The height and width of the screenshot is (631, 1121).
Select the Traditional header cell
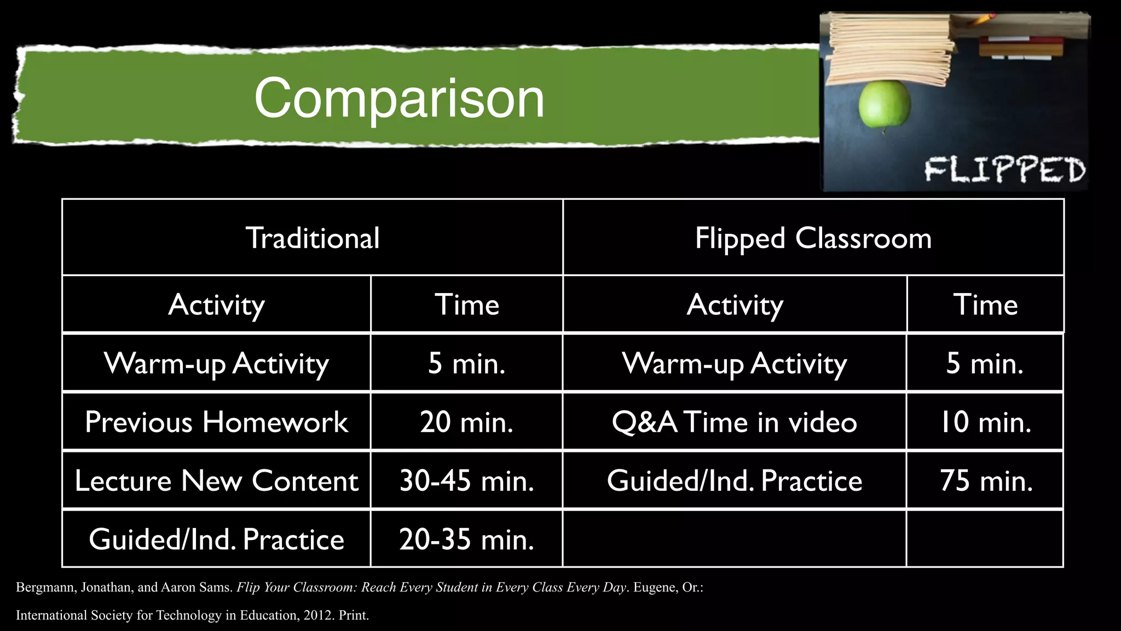point(313,238)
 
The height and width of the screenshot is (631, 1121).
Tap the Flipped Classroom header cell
point(813,238)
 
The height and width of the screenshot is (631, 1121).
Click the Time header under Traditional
point(466,305)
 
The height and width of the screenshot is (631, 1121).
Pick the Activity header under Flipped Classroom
point(735,305)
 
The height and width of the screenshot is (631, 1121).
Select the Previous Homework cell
point(216,422)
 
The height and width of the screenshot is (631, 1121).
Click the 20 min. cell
point(466,422)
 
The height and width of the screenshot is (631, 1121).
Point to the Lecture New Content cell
point(216,481)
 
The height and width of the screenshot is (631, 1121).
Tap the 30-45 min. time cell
point(466,481)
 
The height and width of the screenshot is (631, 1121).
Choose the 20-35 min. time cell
point(466,540)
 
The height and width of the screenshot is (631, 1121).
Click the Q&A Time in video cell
point(735,422)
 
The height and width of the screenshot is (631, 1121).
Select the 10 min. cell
point(985,422)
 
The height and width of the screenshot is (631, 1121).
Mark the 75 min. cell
point(985,481)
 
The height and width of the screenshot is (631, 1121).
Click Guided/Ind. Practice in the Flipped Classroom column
point(735,481)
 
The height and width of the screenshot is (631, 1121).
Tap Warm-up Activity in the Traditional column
point(216,364)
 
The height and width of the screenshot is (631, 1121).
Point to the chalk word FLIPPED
point(1005,170)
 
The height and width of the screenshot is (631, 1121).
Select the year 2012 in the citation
point(317,616)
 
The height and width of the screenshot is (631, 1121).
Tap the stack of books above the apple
point(889,49)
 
